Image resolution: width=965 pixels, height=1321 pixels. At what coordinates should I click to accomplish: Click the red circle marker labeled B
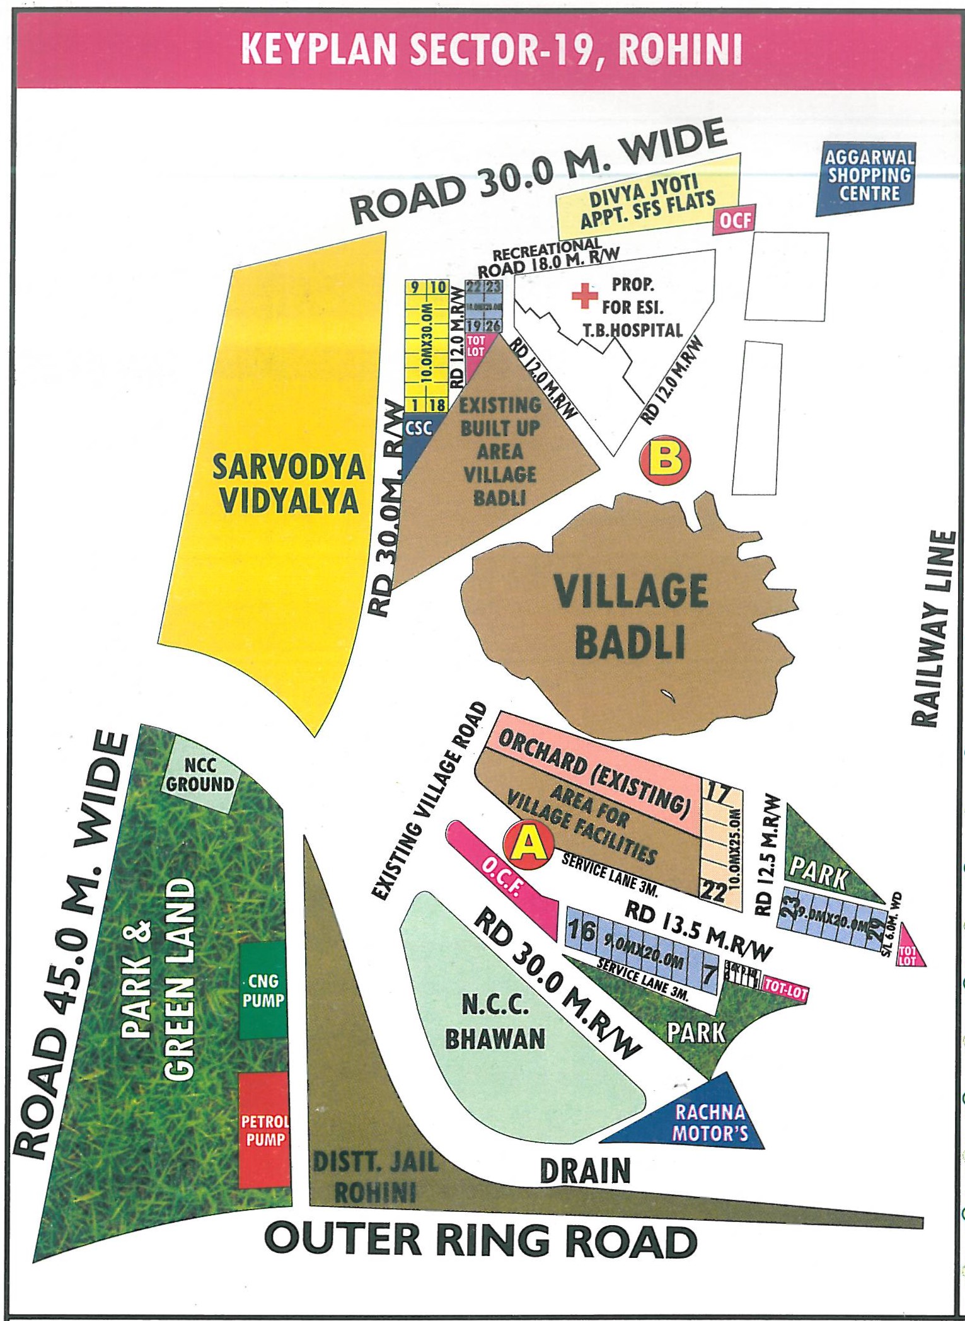664,460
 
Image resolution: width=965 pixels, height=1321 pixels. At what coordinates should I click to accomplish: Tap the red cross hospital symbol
584,296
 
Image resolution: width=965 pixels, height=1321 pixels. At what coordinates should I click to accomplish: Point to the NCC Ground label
200,776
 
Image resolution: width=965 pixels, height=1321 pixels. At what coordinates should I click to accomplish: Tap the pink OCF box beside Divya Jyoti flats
735,221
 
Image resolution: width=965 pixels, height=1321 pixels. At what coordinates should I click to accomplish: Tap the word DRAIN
585,1170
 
